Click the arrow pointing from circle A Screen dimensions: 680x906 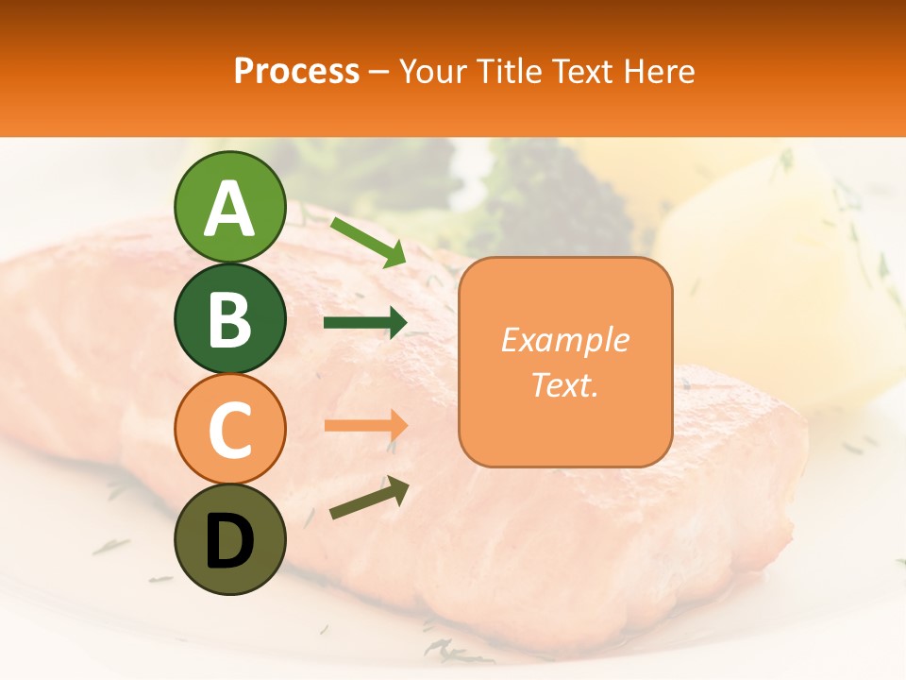pyautogui.click(x=368, y=242)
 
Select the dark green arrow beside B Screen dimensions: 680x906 pyautogui.click(x=365, y=323)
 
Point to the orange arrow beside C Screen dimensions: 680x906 pyautogui.click(x=365, y=426)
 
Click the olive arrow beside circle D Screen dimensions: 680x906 pyautogui.click(x=369, y=498)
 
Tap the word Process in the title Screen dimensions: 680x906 pyautogui.click(x=296, y=72)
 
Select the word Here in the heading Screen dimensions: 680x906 pyautogui.click(x=660, y=72)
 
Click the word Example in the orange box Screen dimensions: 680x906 pyautogui.click(x=564, y=340)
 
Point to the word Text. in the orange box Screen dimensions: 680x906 pyautogui.click(x=564, y=385)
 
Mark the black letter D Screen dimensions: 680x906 pyautogui.click(x=229, y=541)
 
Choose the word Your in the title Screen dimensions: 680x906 pyautogui.click(x=435, y=72)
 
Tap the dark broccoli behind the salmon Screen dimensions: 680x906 pyautogui.click(x=557, y=198)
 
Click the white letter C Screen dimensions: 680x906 pyautogui.click(x=229, y=430)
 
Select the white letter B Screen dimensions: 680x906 pyautogui.click(x=229, y=319)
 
